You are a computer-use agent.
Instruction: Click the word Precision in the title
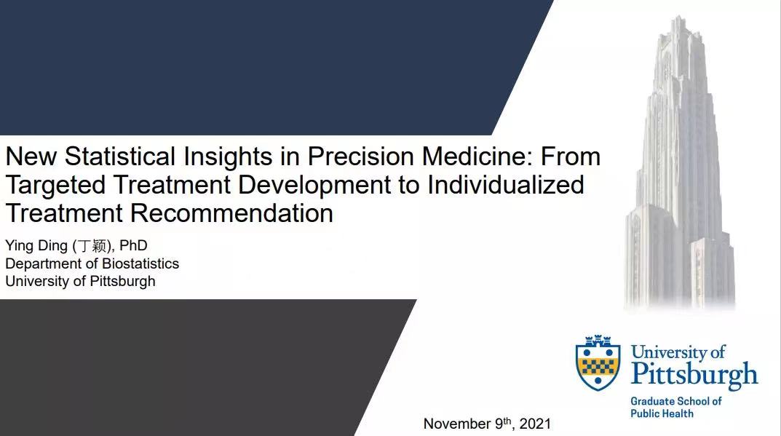[360, 156]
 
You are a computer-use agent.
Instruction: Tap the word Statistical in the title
[119, 156]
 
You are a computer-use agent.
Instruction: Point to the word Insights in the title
[228, 157]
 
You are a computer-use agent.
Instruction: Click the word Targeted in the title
[55, 186]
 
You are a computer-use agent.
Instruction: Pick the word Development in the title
[314, 186]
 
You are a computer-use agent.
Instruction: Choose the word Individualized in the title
[506, 184]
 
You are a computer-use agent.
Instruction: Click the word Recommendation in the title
[231, 213]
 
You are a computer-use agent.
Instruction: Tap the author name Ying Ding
[36, 246]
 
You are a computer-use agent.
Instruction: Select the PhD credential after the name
[133, 245]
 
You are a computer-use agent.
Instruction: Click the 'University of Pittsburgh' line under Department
[80, 282]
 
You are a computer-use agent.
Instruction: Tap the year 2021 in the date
[535, 424]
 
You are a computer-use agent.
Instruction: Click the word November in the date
[457, 424]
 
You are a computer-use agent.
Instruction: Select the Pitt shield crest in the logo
[598, 362]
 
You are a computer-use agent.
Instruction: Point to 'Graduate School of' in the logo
[676, 401]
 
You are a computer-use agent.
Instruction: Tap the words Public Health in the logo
[662, 413]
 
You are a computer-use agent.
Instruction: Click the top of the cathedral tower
[678, 18]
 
